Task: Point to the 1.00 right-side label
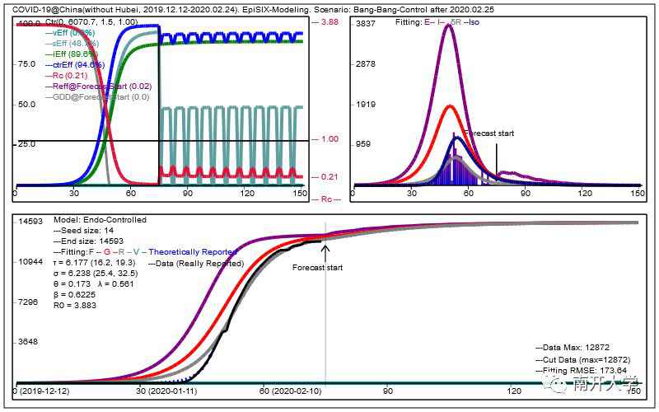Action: tap(329, 139)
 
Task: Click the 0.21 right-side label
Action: tap(329, 177)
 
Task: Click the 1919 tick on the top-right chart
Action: tap(364, 105)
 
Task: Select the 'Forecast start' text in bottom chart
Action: tap(316, 267)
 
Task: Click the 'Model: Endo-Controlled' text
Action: tap(100, 220)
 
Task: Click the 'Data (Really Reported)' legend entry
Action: tap(198, 263)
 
